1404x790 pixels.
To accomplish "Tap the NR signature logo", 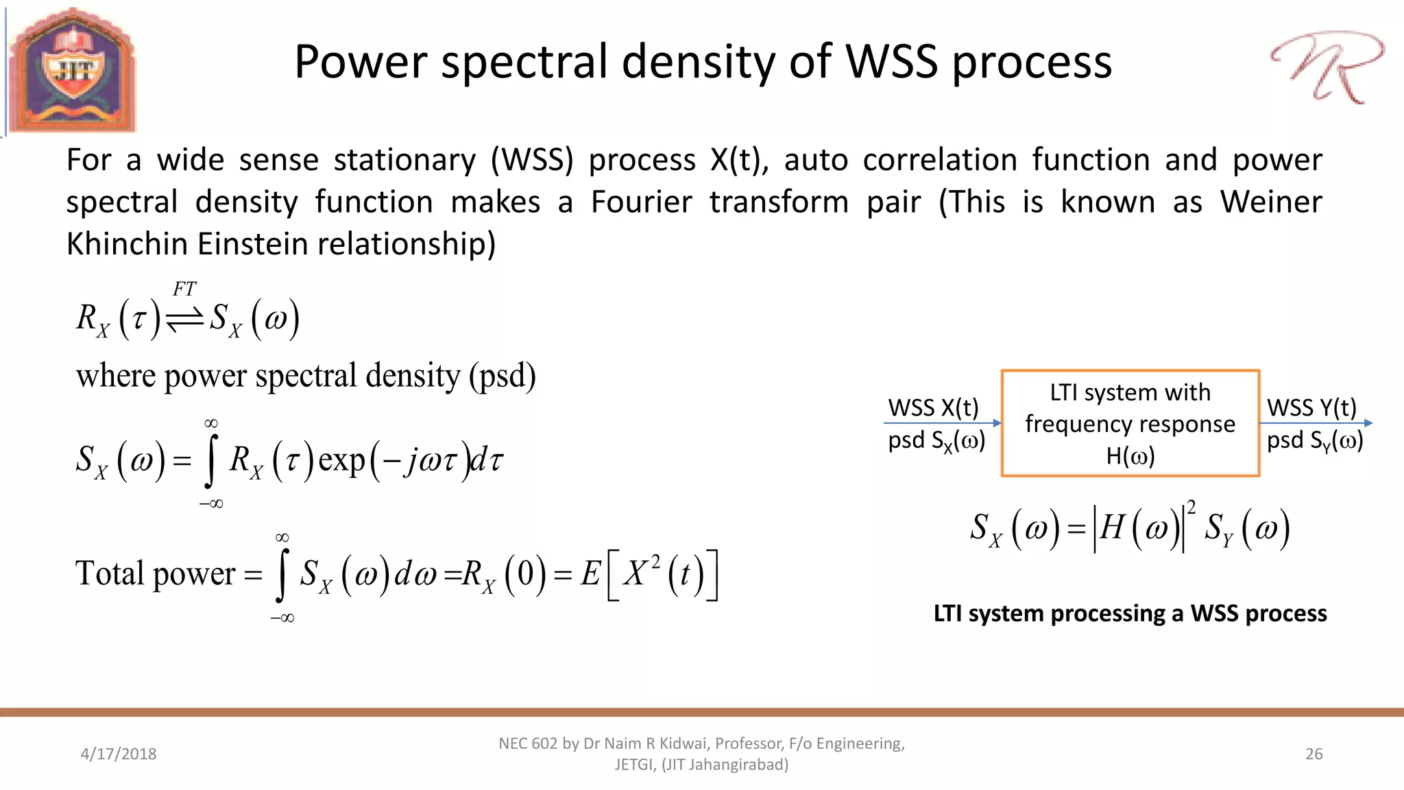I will (x=1326, y=67).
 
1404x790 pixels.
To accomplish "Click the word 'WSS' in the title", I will (x=891, y=62).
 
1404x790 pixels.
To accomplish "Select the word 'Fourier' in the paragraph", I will (x=641, y=202).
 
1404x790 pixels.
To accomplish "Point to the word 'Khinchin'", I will (x=126, y=244).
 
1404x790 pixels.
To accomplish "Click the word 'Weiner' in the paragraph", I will (x=1270, y=202).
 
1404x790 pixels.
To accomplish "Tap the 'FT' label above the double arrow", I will (x=184, y=289).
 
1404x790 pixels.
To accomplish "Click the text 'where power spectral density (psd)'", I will (x=306, y=376).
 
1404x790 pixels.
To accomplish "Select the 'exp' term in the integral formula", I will (x=341, y=459).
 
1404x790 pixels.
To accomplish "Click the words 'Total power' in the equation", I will (x=155, y=573).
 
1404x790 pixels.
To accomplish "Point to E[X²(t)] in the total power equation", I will (x=649, y=574).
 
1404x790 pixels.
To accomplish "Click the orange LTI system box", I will (x=1130, y=423).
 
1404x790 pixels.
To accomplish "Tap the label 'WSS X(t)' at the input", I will (x=933, y=407).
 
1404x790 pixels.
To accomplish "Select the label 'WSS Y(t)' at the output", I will (x=1311, y=407).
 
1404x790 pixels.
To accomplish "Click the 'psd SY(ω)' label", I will (x=1314, y=440).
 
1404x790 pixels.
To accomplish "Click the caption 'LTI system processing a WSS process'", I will (x=1130, y=613).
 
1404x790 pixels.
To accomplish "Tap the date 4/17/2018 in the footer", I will (x=119, y=754).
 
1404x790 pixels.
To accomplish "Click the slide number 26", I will (x=1314, y=754).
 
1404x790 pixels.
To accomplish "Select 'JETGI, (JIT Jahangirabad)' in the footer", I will (x=701, y=765).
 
